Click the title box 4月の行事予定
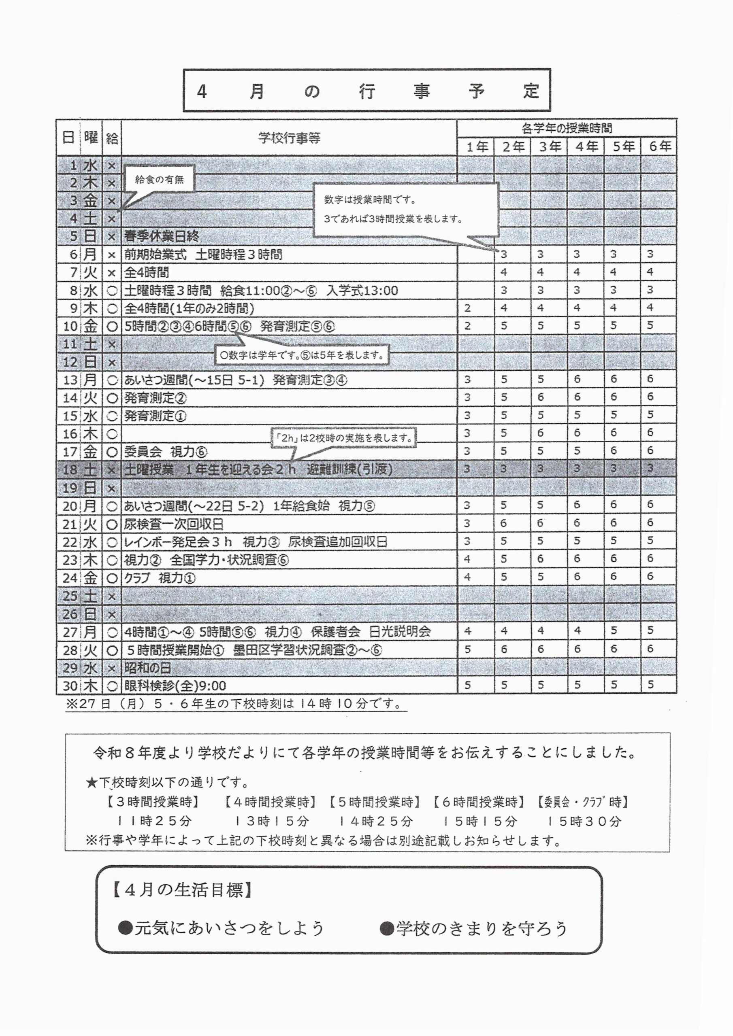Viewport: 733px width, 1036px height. (367, 91)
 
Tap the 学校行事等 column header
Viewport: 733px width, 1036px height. (289, 138)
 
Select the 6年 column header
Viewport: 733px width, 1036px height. (659, 146)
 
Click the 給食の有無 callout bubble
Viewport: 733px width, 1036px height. (160, 180)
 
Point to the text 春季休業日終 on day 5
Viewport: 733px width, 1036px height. (161, 236)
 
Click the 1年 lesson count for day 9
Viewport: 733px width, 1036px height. (467, 309)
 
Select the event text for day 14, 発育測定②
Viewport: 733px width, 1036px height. (156, 398)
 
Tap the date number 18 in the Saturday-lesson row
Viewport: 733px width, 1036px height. (70, 470)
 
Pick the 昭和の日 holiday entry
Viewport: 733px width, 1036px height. (147, 668)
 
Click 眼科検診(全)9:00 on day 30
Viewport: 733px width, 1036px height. (175, 686)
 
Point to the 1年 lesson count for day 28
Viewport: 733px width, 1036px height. (467, 650)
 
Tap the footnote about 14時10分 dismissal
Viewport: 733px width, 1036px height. (235, 704)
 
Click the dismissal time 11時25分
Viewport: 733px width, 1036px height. (154, 821)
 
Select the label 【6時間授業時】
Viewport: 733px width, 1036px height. (479, 802)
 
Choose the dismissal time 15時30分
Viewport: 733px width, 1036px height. (584, 821)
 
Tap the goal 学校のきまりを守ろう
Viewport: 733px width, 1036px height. (474, 928)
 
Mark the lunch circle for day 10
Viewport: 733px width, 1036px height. (112, 326)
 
